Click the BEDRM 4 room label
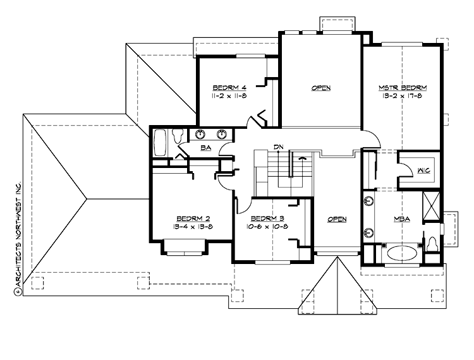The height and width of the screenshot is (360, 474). tap(229, 87)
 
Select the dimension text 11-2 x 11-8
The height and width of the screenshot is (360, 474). tap(229, 96)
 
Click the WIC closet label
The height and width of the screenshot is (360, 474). tap(424, 170)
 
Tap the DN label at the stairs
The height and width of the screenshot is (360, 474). tap(277, 147)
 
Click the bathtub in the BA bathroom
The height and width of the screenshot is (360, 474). tap(160, 143)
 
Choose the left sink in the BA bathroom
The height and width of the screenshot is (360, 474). tap(200, 133)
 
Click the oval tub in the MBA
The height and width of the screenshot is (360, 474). tap(402, 254)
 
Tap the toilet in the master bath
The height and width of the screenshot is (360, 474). tap(432, 243)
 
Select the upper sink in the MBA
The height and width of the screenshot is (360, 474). tap(367, 203)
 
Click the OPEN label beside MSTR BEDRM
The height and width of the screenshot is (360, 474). tap(320, 88)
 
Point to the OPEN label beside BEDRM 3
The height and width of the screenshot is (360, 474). tap(337, 219)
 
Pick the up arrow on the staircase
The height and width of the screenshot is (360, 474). tap(302, 157)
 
